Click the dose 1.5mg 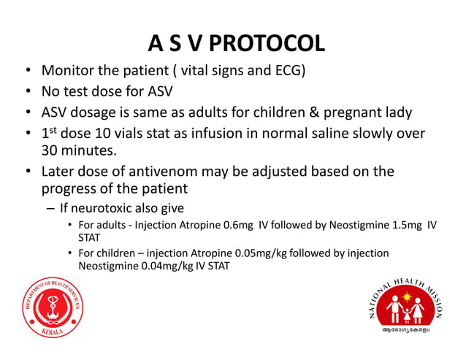tap(398, 224)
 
